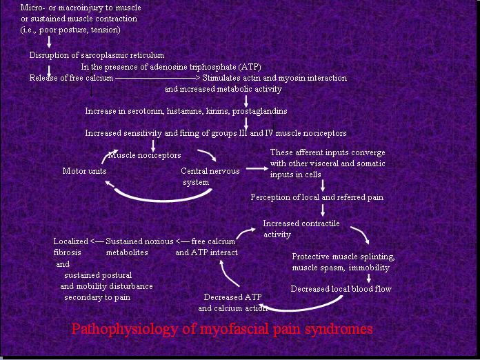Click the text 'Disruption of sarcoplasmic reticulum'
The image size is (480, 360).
97,54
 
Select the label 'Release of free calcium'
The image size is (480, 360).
71,78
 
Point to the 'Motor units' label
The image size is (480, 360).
84,170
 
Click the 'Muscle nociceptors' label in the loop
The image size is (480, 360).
144,155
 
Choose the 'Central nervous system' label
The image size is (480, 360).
205,176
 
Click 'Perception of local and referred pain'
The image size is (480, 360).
317,197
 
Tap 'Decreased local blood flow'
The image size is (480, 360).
341,289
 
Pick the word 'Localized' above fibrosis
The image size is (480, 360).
71,241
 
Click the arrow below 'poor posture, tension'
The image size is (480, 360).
49,42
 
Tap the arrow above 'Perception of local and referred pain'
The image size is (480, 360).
323,185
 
